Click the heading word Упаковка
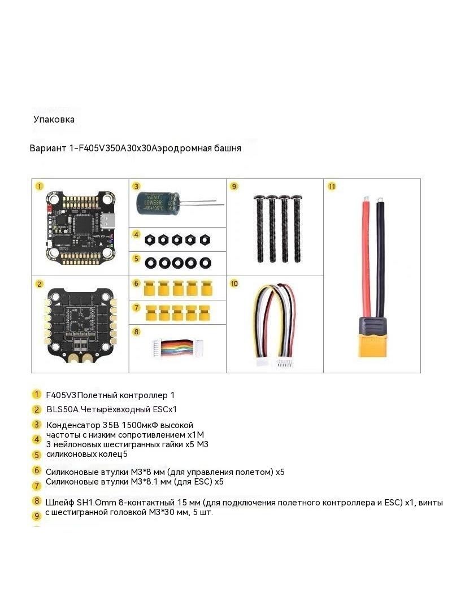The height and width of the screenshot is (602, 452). (x=54, y=119)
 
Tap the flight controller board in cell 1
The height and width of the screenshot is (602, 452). (x=80, y=226)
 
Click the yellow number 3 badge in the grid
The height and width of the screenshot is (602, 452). (x=136, y=186)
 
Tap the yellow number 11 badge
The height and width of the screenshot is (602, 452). (x=332, y=186)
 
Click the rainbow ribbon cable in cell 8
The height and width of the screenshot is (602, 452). (x=177, y=343)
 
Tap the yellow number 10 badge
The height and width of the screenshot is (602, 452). (x=234, y=283)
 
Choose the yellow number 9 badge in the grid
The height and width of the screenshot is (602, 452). (x=234, y=186)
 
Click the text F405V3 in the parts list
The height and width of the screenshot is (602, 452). (x=62, y=395)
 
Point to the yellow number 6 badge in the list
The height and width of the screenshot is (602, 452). (x=37, y=470)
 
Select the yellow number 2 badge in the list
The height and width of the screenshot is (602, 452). (x=37, y=409)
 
